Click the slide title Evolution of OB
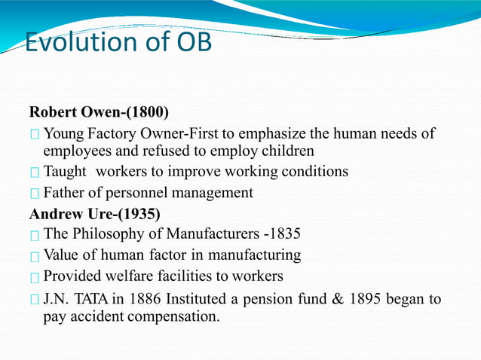118,42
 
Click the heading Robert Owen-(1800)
99,113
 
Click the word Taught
66,172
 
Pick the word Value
63,255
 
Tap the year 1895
364,299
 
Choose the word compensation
175,316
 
